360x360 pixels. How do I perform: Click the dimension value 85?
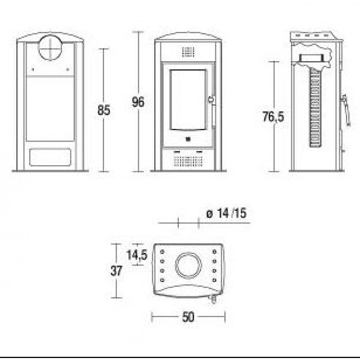[x=104, y=110]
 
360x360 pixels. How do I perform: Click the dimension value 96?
[x=138, y=102]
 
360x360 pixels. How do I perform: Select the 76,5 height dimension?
[x=273, y=116]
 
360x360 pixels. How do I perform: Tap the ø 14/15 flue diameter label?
[x=226, y=213]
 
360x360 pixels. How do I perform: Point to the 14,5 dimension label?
[x=137, y=255]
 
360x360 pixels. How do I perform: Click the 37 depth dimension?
[x=116, y=271]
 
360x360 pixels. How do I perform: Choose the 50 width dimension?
[x=188, y=317]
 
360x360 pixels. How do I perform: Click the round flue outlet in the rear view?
[x=50, y=48]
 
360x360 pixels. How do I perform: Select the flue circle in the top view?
[x=188, y=266]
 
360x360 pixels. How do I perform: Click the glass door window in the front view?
[x=188, y=100]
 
